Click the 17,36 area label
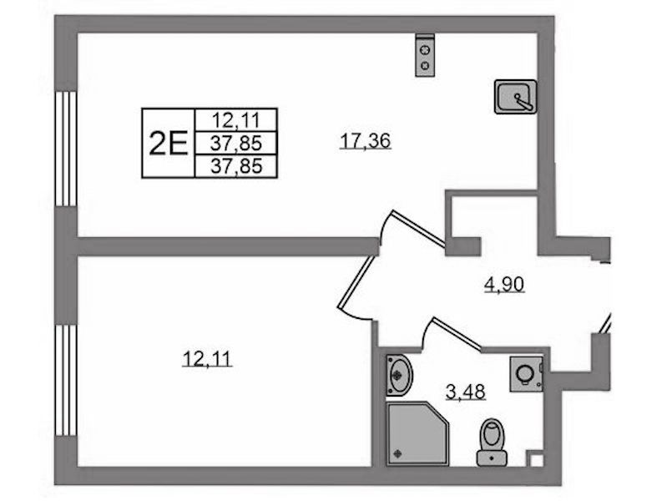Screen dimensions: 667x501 365,141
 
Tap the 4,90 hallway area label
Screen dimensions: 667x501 504,284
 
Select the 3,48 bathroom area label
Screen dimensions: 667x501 465,392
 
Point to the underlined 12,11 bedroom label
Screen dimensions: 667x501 207,358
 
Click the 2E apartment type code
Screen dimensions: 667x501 168,144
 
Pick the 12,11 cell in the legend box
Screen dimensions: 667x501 235,120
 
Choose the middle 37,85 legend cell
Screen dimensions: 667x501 235,144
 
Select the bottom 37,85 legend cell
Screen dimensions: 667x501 235,166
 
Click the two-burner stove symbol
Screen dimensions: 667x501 425,55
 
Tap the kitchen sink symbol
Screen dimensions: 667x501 515,97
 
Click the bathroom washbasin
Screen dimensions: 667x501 399,375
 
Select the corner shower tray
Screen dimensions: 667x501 417,433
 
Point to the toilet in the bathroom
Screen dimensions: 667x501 492,443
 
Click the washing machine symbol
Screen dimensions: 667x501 527,374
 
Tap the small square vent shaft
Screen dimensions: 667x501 536,460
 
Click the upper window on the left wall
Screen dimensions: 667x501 66,149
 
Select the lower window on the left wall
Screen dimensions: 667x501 66,380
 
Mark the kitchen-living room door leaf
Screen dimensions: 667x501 419,228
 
